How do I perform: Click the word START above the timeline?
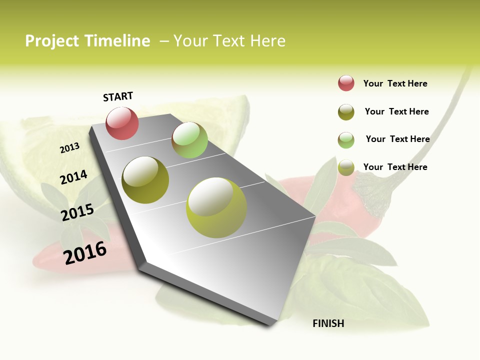point(118,96)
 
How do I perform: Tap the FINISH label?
point(328,323)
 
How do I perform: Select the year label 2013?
point(70,148)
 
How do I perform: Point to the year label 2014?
point(73,177)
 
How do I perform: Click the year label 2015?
point(77,212)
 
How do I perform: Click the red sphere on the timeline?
point(122,123)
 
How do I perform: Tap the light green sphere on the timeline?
point(189,140)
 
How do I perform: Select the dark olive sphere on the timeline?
point(145,180)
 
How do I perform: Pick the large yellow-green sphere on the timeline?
point(216,207)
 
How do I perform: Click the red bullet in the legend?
point(346,83)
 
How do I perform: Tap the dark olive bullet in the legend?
point(346,112)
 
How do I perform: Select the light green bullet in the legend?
point(346,140)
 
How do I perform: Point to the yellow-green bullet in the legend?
point(346,167)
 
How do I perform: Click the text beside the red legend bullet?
point(395,83)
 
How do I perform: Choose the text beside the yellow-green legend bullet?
point(395,167)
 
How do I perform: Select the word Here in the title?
point(267,41)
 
